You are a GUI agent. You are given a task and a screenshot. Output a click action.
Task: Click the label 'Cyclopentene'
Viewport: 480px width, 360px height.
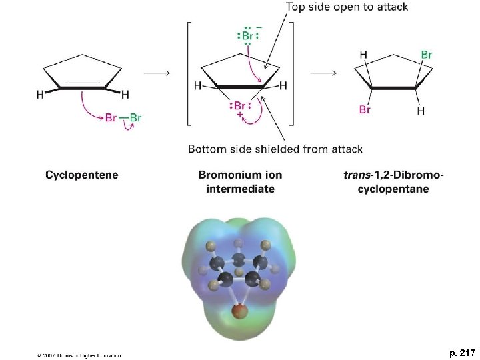pyautogui.click(x=82, y=175)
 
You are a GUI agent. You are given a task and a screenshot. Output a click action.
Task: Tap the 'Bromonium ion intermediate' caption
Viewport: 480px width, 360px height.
pyautogui.click(x=240, y=182)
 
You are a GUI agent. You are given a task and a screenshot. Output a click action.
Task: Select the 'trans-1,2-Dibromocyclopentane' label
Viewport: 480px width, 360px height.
pyautogui.click(x=393, y=182)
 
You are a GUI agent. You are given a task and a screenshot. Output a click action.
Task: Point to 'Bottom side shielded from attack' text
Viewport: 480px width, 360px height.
pyautogui.click(x=275, y=149)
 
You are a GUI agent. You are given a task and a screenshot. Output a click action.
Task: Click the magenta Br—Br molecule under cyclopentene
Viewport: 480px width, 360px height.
pyautogui.click(x=123, y=118)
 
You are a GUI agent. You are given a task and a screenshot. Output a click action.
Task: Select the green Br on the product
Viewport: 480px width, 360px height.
pyautogui.click(x=426, y=54)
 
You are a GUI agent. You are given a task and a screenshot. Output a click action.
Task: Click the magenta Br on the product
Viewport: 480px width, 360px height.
pyautogui.click(x=365, y=109)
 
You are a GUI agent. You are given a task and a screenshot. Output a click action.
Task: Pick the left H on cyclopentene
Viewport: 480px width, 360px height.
pyautogui.click(x=40, y=95)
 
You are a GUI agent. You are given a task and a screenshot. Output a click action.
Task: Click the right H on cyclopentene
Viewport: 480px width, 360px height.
pyautogui.click(x=125, y=95)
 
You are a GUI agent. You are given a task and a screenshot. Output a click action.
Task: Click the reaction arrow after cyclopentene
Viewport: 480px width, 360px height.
pyautogui.click(x=157, y=73)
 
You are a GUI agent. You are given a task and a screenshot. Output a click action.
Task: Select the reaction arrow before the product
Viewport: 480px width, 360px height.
pyautogui.click(x=323, y=73)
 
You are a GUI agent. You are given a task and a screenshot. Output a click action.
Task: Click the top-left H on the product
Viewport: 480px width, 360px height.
pyautogui.click(x=363, y=54)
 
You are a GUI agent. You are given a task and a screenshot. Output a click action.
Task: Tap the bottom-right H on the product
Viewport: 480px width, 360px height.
pyautogui.click(x=421, y=111)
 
